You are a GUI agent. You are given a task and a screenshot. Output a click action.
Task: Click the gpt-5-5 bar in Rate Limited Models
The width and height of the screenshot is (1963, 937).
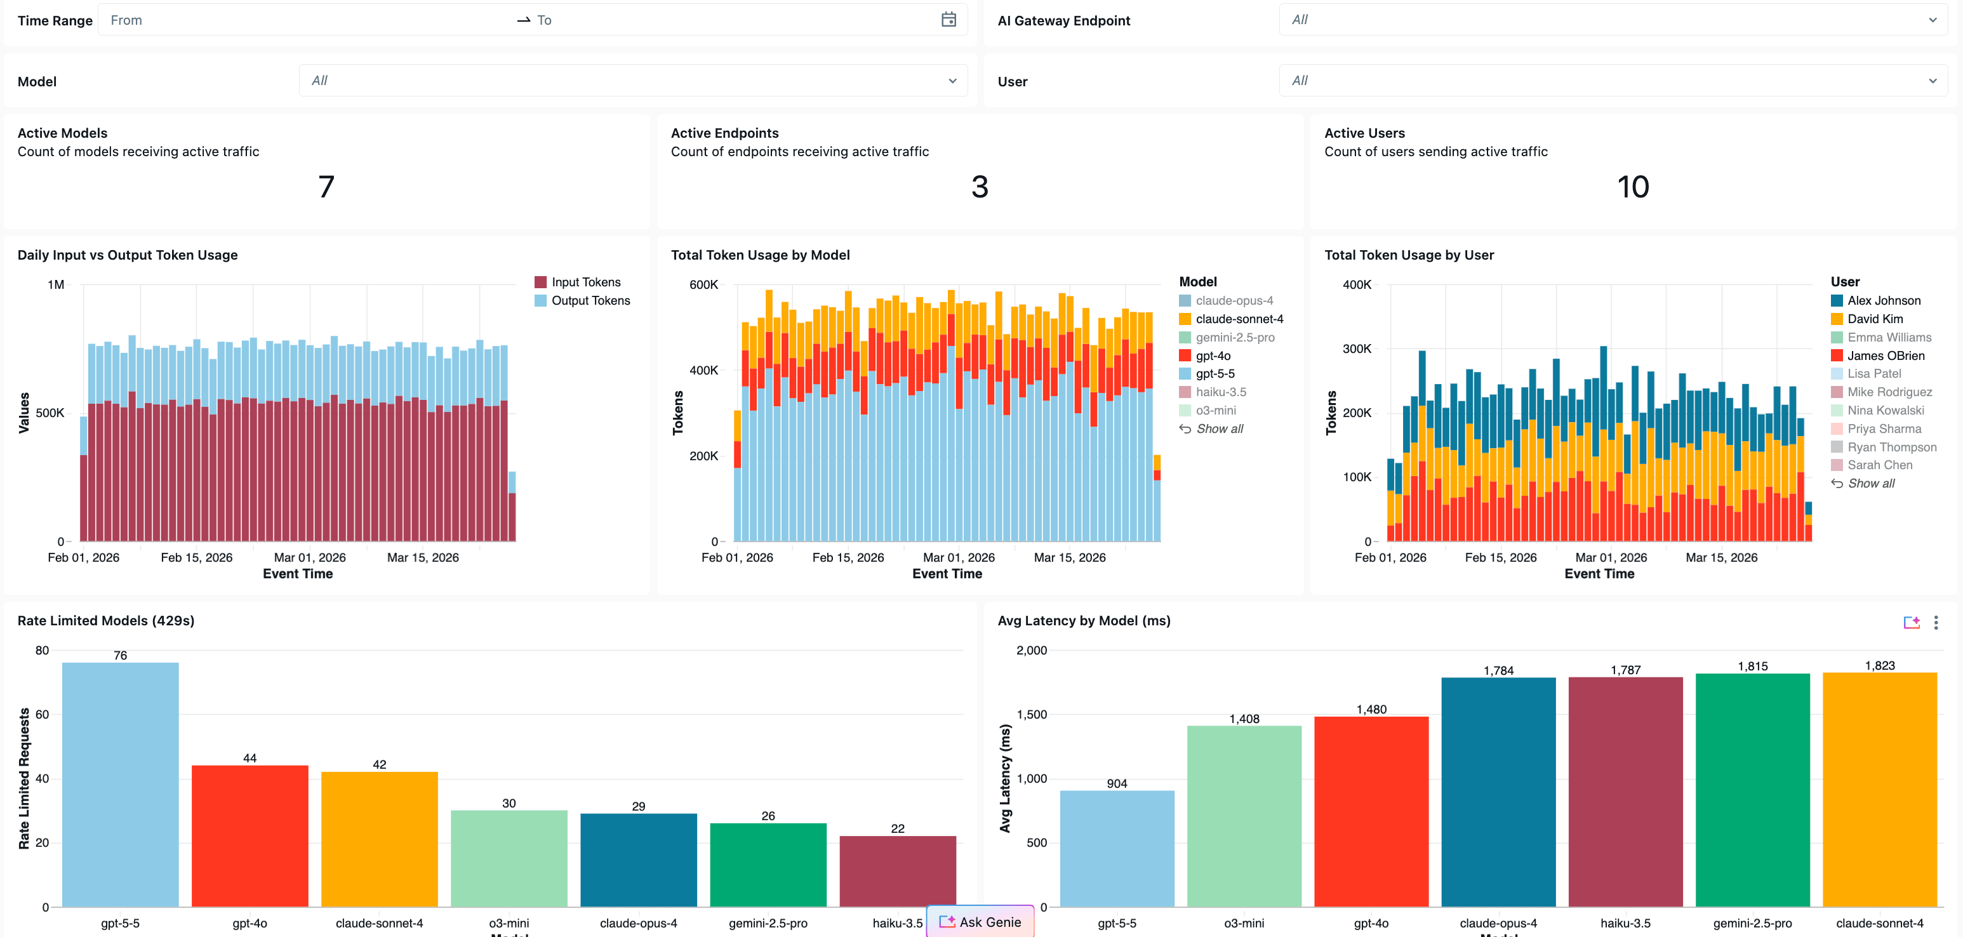pos(121,785)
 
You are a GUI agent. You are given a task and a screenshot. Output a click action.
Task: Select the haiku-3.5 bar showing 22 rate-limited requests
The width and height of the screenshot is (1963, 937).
pos(898,872)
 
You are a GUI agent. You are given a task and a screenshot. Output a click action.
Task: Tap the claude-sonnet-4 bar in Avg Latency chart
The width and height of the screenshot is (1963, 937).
pos(1879,790)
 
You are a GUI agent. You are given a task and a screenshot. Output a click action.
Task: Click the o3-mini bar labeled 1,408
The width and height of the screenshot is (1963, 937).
pos(1244,816)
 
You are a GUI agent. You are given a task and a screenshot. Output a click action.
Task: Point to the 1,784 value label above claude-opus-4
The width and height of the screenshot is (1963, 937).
pos(1498,670)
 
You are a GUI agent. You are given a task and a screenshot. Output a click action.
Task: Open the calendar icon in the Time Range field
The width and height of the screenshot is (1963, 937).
pos(948,20)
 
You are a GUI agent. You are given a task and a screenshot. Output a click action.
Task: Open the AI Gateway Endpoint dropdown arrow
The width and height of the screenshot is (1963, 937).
pos(1933,20)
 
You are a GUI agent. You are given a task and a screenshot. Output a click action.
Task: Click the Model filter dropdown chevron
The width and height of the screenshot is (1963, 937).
pos(952,81)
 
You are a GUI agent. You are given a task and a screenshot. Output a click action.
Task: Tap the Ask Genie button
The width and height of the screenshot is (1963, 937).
pos(980,922)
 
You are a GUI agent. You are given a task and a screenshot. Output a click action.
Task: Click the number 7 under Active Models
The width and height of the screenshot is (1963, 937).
pos(326,187)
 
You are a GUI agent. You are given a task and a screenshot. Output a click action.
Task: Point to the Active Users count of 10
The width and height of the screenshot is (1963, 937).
pos(1633,187)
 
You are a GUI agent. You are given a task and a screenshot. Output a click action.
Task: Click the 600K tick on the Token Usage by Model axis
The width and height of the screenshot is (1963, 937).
pos(703,285)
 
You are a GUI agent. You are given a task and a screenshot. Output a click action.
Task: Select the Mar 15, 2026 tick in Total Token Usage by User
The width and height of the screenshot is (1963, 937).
pos(1722,557)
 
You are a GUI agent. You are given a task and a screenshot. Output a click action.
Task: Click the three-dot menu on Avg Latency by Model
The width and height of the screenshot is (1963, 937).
pos(1936,622)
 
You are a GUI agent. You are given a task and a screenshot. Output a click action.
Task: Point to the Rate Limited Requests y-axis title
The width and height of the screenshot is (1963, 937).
pos(24,778)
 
